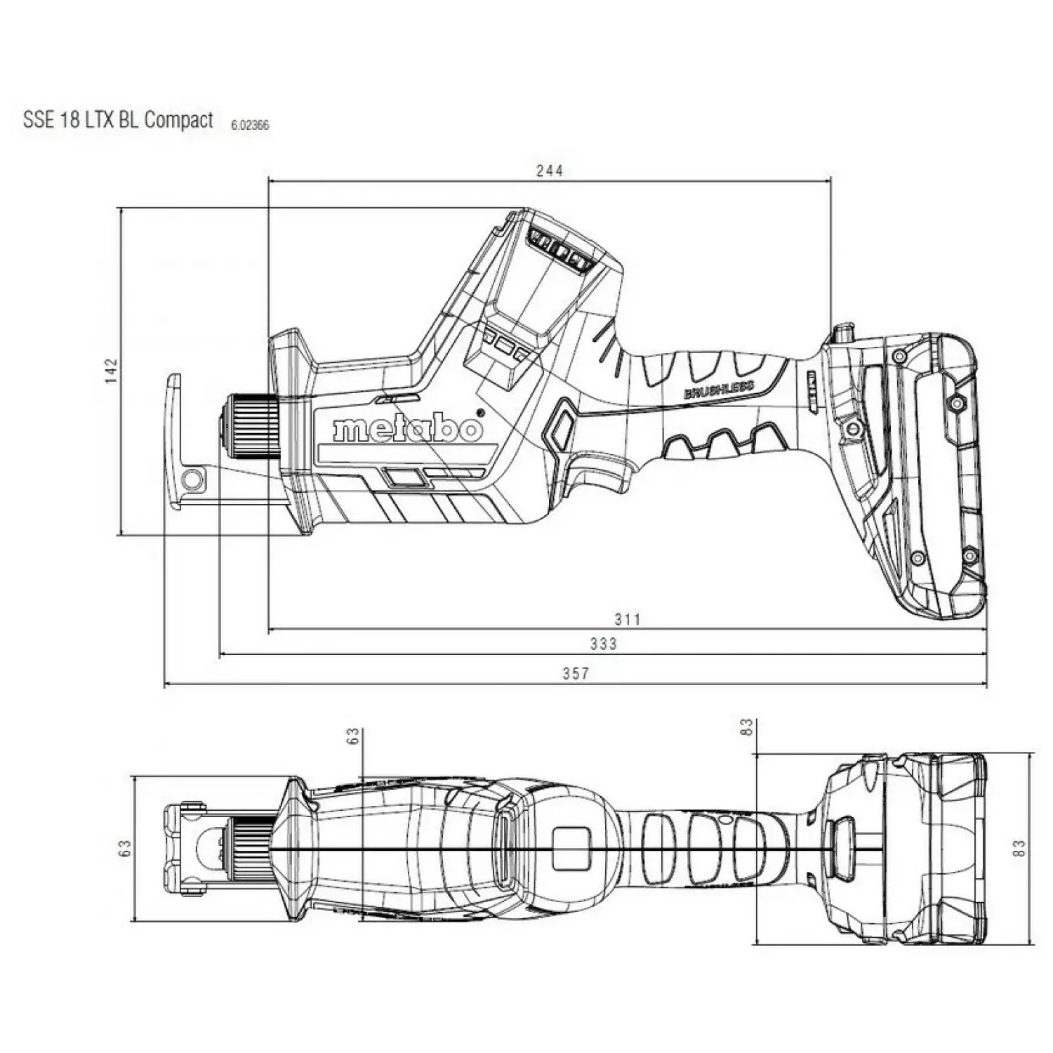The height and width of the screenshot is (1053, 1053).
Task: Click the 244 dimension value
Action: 550,171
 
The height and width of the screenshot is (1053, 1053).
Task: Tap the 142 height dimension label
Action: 112,371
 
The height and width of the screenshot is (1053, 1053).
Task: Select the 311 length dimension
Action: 628,619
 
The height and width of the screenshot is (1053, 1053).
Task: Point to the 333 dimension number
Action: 604,644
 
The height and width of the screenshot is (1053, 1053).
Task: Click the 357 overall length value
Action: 576,673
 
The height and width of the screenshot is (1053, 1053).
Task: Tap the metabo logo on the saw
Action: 408,429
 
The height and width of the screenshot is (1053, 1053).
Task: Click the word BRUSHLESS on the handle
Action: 719,390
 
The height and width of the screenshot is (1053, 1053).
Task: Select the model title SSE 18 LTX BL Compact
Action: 118,119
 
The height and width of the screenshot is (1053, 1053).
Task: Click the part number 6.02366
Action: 250,126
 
